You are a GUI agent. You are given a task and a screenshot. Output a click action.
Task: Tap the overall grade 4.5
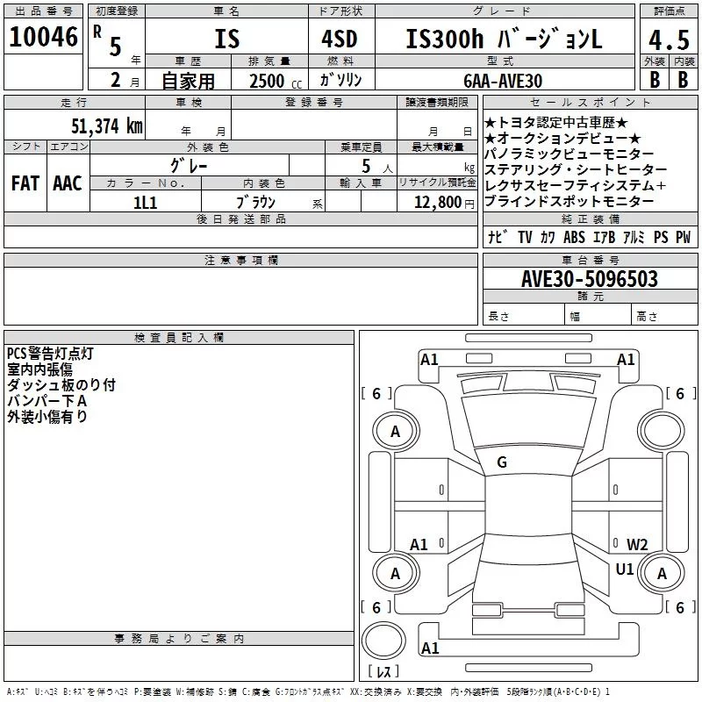668,41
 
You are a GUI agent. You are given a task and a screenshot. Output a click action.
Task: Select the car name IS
226,40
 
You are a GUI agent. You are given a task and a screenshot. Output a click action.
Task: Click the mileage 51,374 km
104,125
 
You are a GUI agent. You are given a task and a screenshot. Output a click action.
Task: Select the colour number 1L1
145,202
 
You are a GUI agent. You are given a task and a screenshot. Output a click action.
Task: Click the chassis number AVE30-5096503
590,279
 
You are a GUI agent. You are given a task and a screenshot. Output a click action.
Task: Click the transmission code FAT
25,183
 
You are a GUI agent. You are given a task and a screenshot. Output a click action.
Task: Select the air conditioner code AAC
67,183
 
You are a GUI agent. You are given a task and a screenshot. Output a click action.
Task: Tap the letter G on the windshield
502,462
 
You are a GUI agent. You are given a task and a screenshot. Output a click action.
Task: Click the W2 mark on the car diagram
637,544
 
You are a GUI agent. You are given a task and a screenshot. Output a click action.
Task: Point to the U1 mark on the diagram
625,569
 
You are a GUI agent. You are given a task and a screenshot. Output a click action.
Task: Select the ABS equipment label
574,237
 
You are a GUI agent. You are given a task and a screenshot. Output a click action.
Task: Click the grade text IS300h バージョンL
505,40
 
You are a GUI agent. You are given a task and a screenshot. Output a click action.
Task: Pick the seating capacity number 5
364,164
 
